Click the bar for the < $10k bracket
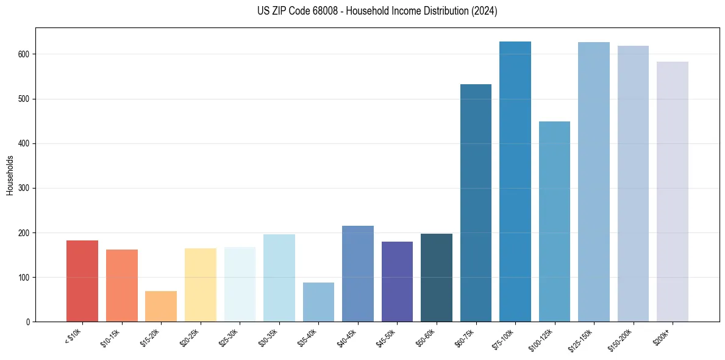(82, 281)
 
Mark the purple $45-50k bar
(397, 281)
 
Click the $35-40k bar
(318, 302)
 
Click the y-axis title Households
(10, 175)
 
